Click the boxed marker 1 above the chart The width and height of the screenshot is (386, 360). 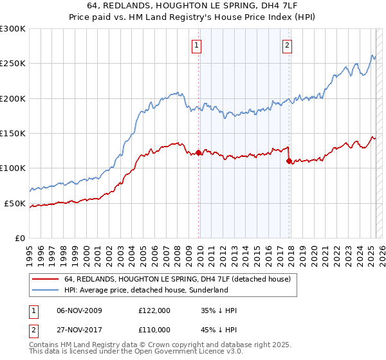tap(196, 45)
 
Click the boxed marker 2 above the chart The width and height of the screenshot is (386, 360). tap(286, 45)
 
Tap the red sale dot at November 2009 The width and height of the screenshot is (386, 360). tap(198, 153)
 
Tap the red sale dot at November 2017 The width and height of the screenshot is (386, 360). tap(289, 161)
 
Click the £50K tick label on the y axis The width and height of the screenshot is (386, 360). tap(15, 203)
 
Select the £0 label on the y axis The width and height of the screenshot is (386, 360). tap(20, 238)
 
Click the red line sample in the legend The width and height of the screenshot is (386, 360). tap(45, 280)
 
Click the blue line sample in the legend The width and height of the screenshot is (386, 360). tap(45, 291)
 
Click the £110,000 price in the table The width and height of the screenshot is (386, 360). tap(154, 329)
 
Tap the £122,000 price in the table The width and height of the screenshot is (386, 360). tap(154, 310)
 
